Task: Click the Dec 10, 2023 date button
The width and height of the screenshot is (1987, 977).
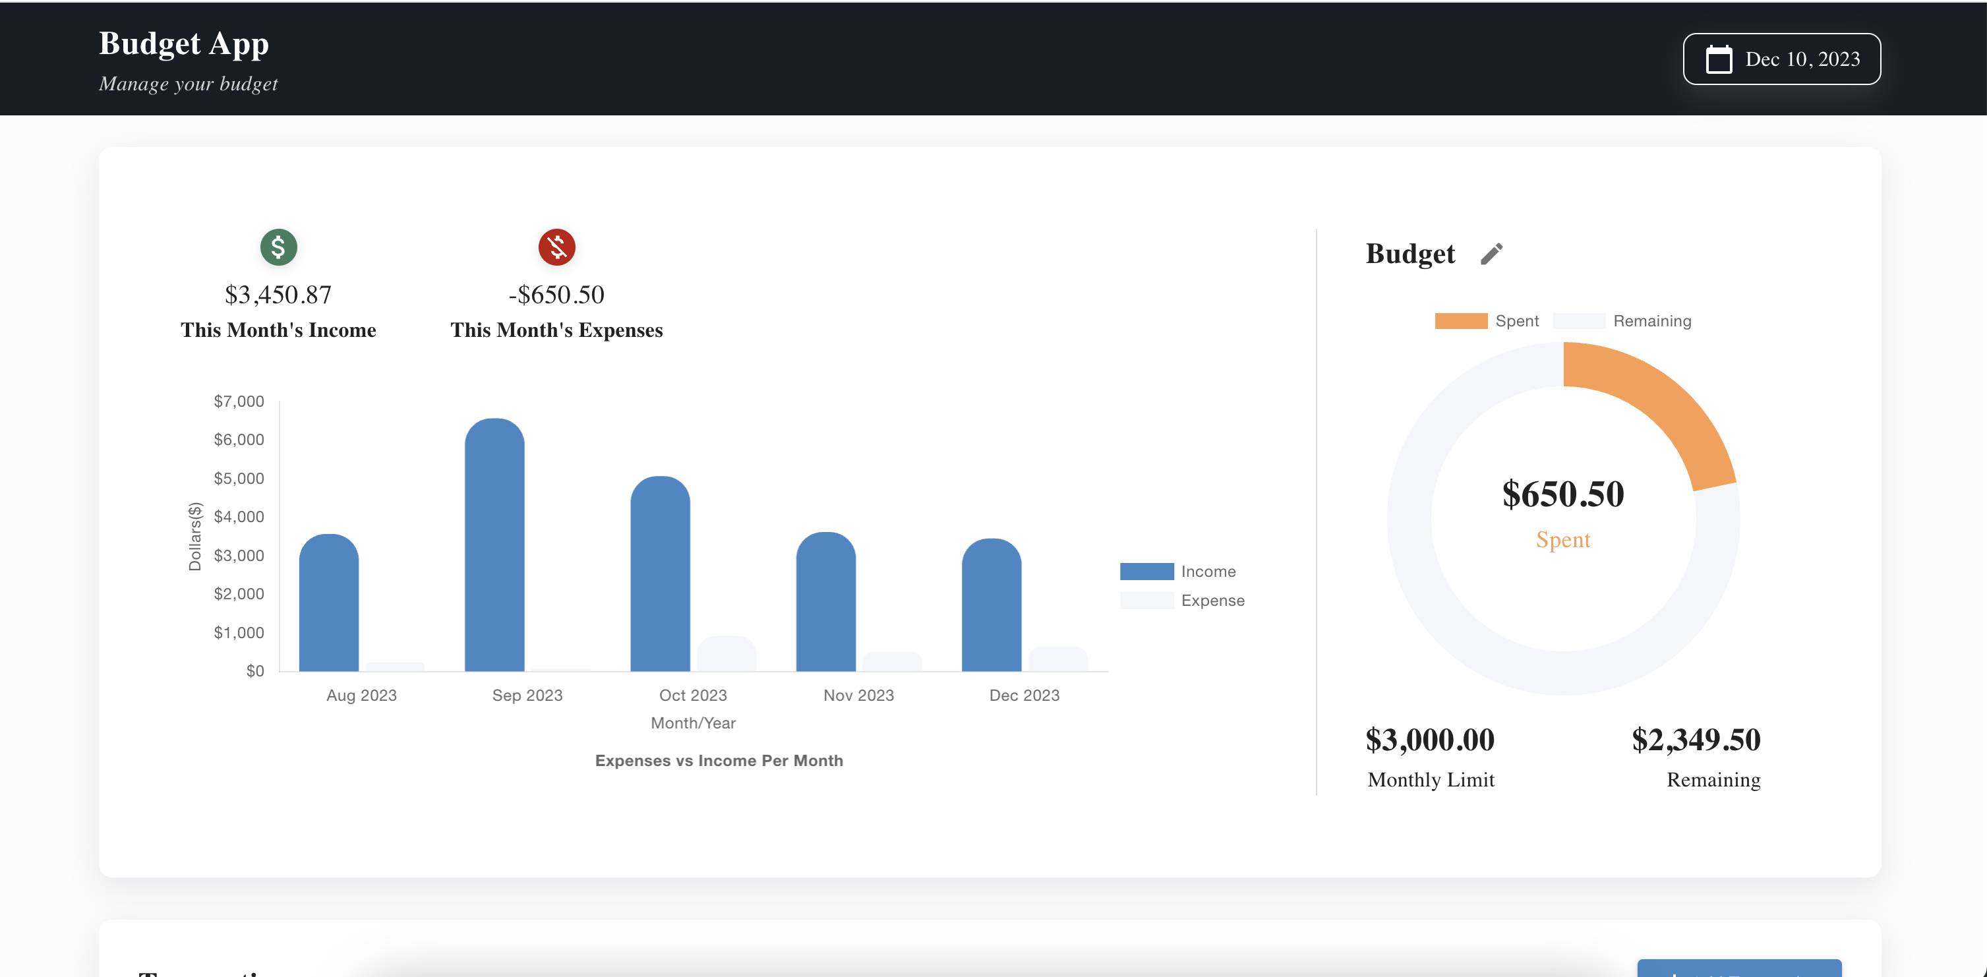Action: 1781,59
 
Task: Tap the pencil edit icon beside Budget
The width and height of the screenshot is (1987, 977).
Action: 1491,254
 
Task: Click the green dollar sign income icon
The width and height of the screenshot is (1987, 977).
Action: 278,247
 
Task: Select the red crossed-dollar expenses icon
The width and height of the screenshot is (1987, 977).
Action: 556,247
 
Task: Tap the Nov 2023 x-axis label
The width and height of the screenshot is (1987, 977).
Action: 858,696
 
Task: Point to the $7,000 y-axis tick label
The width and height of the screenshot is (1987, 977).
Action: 239,401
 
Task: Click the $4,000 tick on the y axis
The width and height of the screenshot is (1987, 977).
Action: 239,517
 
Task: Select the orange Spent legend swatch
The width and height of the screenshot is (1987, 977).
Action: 1461,322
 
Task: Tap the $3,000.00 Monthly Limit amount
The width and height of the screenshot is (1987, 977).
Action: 1429,740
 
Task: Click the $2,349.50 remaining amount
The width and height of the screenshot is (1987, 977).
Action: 1696,740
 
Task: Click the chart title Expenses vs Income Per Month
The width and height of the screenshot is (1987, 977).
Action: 719,761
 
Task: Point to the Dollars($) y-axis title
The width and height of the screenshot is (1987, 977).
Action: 195,537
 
